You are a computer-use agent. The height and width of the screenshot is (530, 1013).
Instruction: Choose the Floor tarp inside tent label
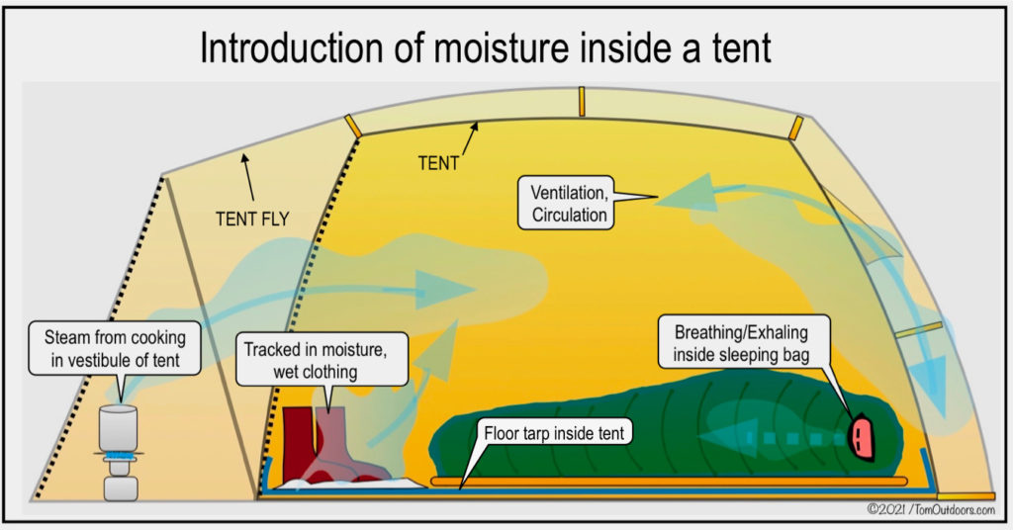(x=556, y=433)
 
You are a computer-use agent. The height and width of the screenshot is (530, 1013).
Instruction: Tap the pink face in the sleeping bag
(x=862, y=436)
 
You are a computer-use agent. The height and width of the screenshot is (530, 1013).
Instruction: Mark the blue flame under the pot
(x=119, y=455)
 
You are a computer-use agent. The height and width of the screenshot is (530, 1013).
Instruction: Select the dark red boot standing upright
(x=298, y=439)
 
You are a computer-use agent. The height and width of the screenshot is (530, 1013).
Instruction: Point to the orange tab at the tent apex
(x=582, y=100)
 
